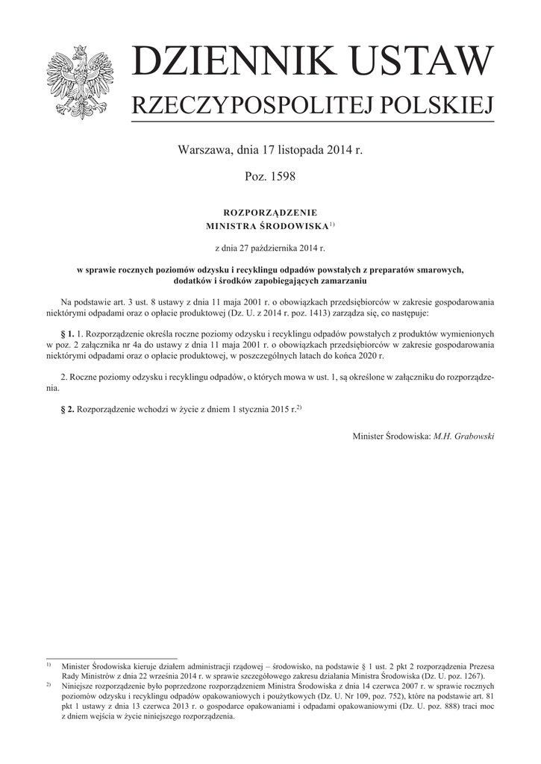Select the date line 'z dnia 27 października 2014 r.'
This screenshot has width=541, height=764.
pyautogui.click(x=270, y=245)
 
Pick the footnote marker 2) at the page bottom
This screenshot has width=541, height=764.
pyautogui.click(x=49, y=683)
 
